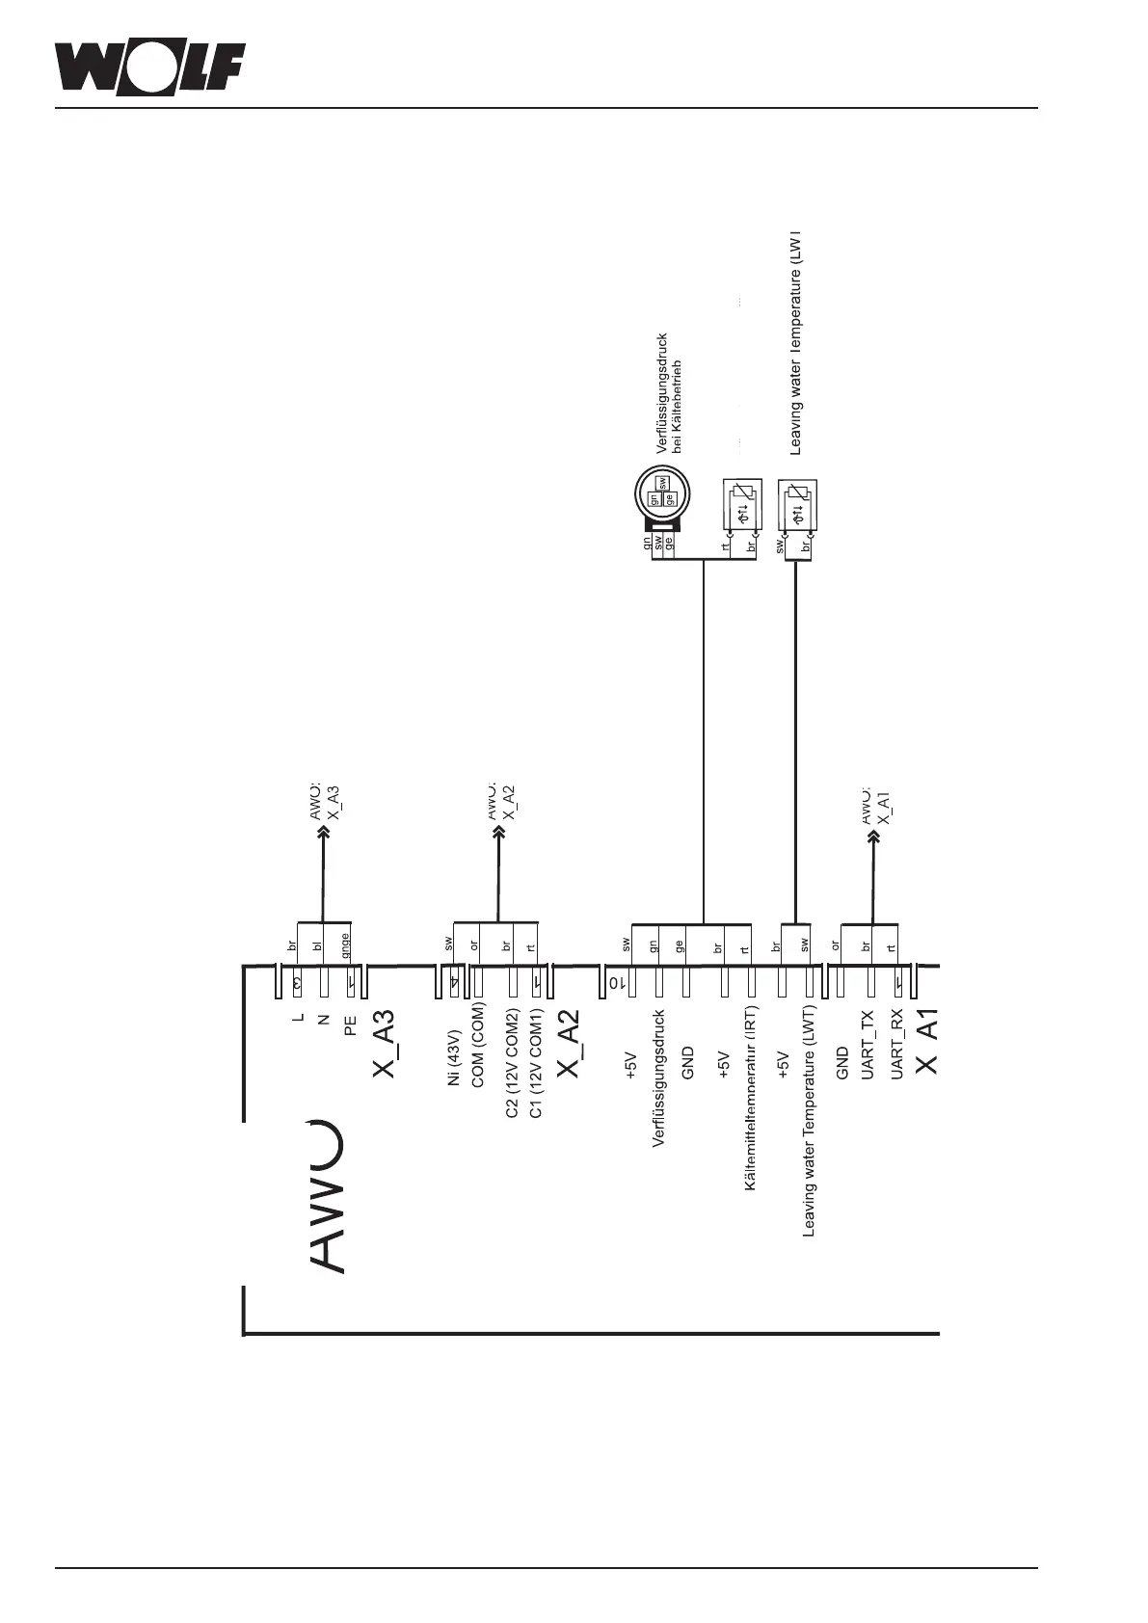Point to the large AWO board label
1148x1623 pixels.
[x=327, y=1195]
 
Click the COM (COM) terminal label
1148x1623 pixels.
[x=477, y=1046]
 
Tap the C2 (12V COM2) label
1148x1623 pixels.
[x=513, y=1064]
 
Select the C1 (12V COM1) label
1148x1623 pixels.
[x=537, y=1064]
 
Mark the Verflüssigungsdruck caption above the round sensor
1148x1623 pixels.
[x=661, y=393]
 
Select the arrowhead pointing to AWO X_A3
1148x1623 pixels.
[x=322, y=831]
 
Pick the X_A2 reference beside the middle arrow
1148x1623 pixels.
[x=510, y=802]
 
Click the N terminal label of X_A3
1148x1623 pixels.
[x=324, y=1019]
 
